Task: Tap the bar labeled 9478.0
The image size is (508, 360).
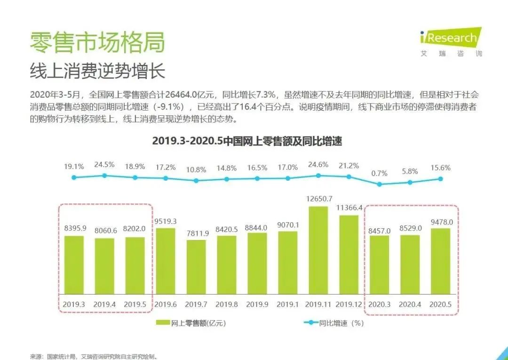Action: [x=441, y=262]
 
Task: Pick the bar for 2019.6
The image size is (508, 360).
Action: [x=166, y=261]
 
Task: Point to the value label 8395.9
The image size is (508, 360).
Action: [x=74, y=228]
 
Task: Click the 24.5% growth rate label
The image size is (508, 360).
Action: [x=104, y=165]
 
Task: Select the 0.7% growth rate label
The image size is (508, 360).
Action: [x=379, y=173]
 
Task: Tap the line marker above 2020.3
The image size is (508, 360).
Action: [x=380, y=184]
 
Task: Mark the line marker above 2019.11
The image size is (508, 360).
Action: [x=318, y=176]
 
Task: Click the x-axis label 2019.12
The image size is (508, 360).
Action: [x=349, y=304]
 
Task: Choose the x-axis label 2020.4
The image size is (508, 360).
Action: [x=410, y=304]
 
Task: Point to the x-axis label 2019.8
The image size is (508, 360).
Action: [x=227, y=304]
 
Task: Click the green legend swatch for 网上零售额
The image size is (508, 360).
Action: [x=163, y=323]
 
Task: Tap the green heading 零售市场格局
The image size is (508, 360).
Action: [x=97, y=43]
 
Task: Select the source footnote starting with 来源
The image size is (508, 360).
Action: [x=94, y=356]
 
